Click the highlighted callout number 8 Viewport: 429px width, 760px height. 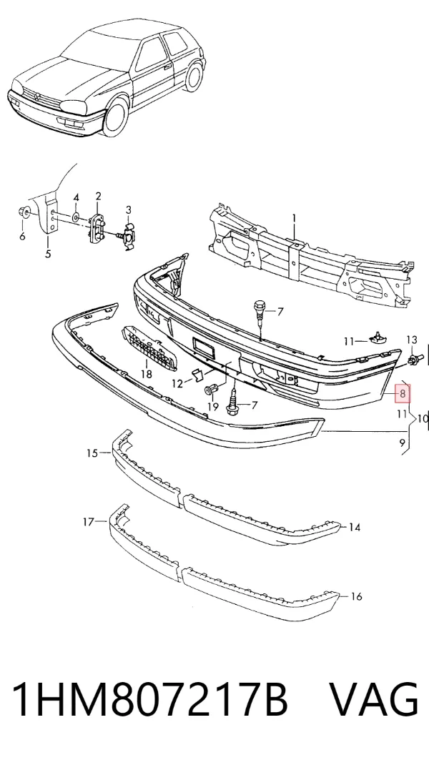click(403, 393)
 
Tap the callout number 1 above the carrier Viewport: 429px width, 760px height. click(293, 219)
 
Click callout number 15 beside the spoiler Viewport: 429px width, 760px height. click(92, 454)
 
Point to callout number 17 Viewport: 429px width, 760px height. click(88, 522)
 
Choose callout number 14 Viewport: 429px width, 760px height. click(355, 527)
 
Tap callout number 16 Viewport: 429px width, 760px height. click(356, 597)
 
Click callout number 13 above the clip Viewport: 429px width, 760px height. click(411, 340)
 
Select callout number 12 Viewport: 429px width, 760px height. click(178, 384)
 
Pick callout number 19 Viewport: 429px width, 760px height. click(213, 407)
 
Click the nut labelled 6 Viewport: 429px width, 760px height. click(22, 212)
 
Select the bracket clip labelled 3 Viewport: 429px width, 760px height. click(128, 235)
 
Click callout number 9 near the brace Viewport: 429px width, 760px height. click(402, 442)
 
